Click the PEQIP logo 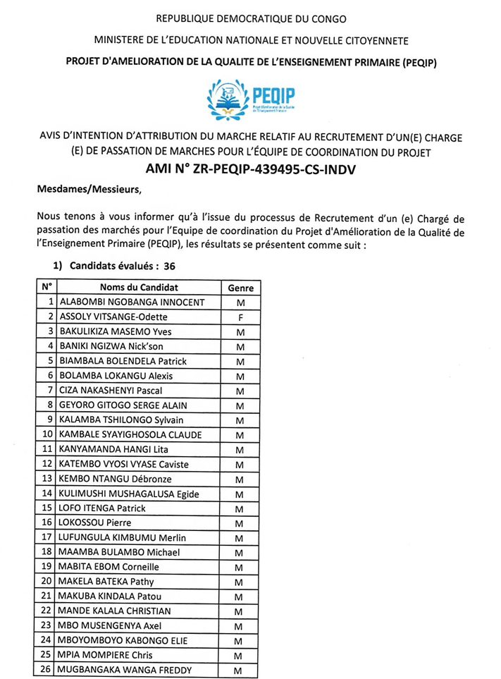[x=252, y=98]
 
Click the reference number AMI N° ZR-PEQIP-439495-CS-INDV [x=252, y=169]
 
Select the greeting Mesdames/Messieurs [x=89, y=190]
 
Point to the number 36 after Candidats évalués [x=169, y=267]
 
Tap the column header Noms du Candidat [x=139, y=288]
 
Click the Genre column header [x=240, y=288]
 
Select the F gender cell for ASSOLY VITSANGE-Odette [x=240, y=317]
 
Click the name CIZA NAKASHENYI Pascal [x=111, y=391]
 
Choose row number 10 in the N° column [x=48, y=434]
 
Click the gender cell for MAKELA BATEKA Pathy [x=240, y=582]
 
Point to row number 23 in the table [x=48, y=625]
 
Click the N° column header [x=47, y=288]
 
